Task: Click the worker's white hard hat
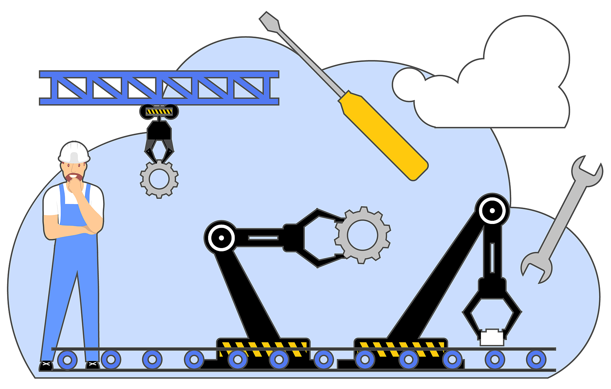(x=74, y=152)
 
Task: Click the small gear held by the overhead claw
(x=159, y=179)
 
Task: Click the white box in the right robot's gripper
(x=492, y=338)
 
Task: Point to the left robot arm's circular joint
(x=221, y=238)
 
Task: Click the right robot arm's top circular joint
(x=492, y=210)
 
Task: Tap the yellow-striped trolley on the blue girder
(x=159, y=111)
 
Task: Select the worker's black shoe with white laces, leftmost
(x=46, y=366)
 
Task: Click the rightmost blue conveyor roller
(x=536, y=359)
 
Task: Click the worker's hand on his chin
(x=75, y=186)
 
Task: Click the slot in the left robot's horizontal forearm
(x=263, y=238)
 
